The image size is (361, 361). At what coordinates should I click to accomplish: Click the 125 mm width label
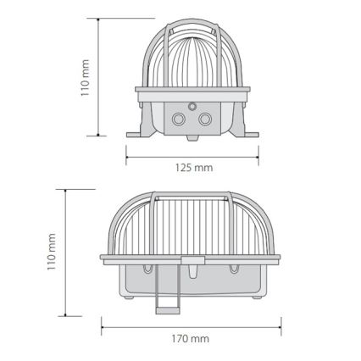pos(193,168)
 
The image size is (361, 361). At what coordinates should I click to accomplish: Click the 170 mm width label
pos(190,338)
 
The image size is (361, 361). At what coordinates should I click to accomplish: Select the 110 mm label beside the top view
pos(86,77)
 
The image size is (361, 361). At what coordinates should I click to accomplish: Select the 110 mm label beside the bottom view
pos(52,252)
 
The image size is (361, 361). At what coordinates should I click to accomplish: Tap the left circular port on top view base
pos(178,119)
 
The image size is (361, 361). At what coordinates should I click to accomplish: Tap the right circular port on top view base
pos(204,119)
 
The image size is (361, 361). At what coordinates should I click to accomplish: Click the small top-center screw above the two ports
pos(192,107)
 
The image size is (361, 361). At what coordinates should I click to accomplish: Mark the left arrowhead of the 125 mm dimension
pos(129,155)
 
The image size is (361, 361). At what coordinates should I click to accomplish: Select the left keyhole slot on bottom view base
pos(149,269)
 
